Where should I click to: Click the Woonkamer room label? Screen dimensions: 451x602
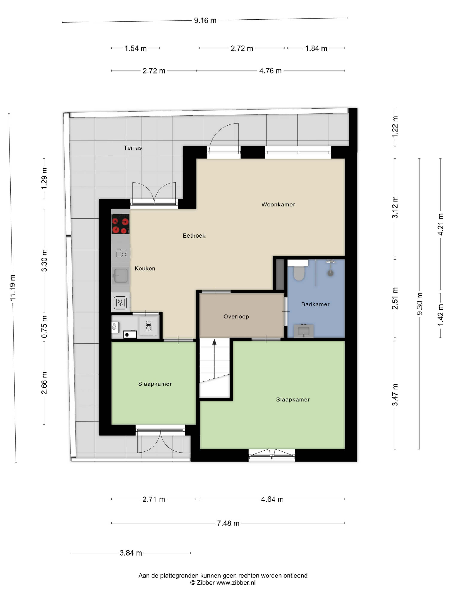coord(278,204)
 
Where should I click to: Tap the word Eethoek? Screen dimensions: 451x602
coord(194,236)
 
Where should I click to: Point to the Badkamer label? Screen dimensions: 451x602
coord(315,304)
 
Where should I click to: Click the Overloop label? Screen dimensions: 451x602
coord(236,316)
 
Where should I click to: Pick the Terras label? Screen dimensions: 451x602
coord(133,148)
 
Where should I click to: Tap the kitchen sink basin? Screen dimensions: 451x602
coord(121,275)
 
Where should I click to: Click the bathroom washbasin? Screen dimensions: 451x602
coord(304,331)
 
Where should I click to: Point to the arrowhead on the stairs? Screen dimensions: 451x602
coord(215,342)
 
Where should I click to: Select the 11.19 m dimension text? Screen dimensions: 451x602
coord(13,288)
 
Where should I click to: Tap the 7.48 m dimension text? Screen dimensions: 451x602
coord(228,523)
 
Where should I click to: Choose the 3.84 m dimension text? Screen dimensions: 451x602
coord(131,553)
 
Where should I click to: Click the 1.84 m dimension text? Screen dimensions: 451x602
coord(316,48)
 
